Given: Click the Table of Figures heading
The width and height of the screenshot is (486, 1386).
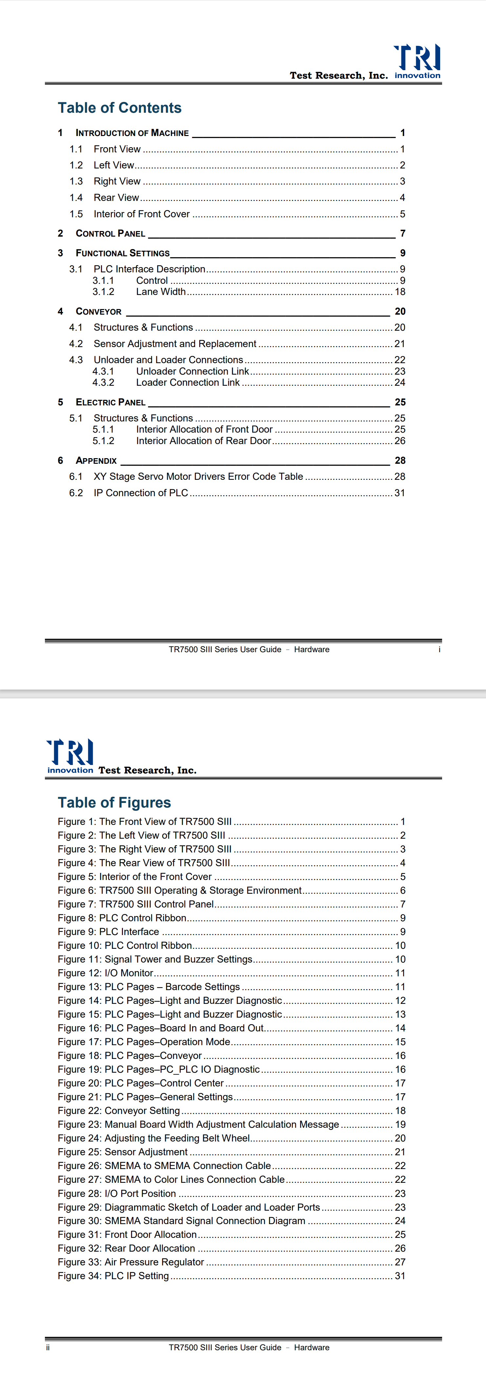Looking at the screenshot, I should [114, 802].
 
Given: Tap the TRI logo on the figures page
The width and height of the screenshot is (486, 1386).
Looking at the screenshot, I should [70, 756].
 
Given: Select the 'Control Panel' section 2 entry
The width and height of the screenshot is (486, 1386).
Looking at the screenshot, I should [110, 233].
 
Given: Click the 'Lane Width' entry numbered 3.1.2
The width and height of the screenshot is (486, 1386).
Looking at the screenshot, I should [160, 292].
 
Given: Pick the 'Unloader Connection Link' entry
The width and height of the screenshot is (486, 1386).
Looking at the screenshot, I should [192, 371].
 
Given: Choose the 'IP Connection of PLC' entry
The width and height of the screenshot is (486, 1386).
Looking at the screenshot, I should [141, 493].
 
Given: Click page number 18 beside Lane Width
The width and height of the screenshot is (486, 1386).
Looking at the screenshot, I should [400, 292].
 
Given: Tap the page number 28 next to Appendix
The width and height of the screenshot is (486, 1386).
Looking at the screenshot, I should [400, 460].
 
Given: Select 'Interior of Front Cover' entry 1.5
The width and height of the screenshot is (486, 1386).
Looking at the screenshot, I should [142, 214].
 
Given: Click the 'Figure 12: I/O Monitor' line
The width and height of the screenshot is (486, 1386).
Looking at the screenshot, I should [106, 973].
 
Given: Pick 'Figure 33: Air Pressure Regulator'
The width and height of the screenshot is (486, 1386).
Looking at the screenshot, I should [131, 1262].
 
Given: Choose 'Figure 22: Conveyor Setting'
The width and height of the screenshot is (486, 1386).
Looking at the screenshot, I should [118, 1110].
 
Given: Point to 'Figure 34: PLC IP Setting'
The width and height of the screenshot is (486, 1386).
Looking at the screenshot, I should [113, 1276].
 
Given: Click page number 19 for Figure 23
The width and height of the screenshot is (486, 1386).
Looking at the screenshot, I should [400, 1124].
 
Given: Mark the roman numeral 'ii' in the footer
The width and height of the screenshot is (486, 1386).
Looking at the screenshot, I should [48, 1347].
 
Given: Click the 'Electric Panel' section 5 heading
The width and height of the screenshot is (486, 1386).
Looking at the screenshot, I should [110, 402].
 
